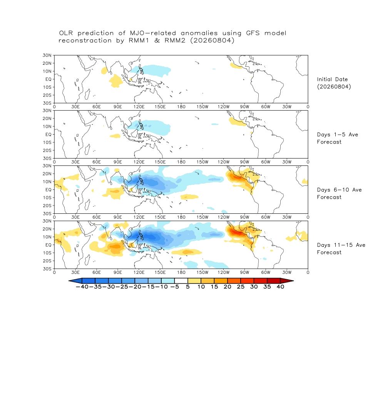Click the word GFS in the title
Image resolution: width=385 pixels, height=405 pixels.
pyautogui.click(x=253, y=33)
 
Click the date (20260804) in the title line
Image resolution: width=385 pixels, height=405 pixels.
pyautogui.click(x=212, y=40)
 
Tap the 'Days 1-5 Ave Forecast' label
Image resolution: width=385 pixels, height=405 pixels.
pyautogui.click(x=338, y=138)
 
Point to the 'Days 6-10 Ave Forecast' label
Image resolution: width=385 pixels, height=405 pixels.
pyautogui.click(x=339, y=194)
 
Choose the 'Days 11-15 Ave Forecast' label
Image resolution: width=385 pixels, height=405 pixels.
pyautogui.click(x=341, y=249)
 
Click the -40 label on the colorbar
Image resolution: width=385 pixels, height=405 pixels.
pyautogui.click(x=82, y=287)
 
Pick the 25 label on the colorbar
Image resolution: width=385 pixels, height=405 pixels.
pyautogui.click(x=241, y=287)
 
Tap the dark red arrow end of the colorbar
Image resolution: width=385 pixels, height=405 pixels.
pyautogui.click(x=287, y=281)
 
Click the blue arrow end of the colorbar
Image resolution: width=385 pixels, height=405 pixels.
pyautogui.click(x=75, y=281)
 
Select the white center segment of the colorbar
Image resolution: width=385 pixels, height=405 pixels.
pyautogui.click(x=181, y=281)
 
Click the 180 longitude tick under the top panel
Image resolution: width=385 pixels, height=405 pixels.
pyautogui.click(x=181, y=107)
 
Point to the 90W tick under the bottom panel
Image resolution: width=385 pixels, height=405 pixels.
pyautogui.click(x=244, y=272)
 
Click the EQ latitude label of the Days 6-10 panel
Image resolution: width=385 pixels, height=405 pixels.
pyautogui.click(x=48, y=190)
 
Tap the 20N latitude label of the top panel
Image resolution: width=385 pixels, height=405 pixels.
pyautogui.click(x=47, y=63)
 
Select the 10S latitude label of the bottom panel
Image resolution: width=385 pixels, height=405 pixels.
pyautogui.click(x=47, y=253)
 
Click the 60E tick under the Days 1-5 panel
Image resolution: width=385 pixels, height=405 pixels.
pyautogui.click(x=97, y=162)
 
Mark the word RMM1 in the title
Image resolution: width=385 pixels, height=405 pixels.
pyautogui.click(x=139, y=40)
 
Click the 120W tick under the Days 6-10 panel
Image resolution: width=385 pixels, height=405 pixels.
pyautogui.click(x=223, y=217)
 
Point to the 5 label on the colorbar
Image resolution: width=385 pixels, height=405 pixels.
pyautogui.click(x=188, y=287)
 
